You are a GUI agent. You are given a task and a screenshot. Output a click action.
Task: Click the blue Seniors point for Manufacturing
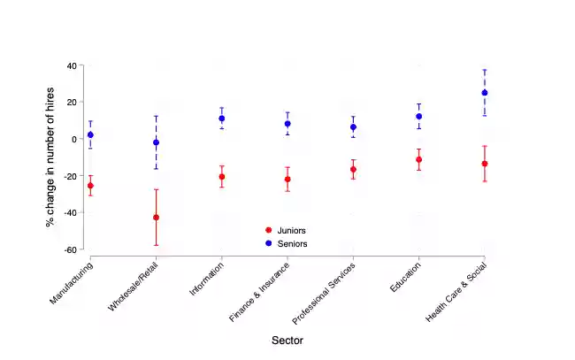(x=90, y=134)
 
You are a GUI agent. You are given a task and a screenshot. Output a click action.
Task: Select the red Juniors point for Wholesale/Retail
(x=156, y=218)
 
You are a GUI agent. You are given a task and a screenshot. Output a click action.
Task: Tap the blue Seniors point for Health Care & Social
(x=485, y=93)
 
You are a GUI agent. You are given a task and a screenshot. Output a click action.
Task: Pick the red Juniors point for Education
(x=419, y=160)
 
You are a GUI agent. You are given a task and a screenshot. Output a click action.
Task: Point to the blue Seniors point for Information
(x=222, y=119)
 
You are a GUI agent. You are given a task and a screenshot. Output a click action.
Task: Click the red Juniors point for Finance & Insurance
(x=287, y=180)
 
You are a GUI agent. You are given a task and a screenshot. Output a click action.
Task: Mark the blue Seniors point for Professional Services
(x=353, y=127)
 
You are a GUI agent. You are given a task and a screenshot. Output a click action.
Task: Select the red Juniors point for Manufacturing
(x=90, y=186)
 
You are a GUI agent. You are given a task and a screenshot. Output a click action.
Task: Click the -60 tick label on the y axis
(x=69, y=249)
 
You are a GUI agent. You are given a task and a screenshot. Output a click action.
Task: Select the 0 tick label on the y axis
(x=73, y=139)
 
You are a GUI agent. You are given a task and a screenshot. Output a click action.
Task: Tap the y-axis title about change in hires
(x=50, y=157)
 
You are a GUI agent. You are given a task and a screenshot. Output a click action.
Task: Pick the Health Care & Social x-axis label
(x=456, y=291)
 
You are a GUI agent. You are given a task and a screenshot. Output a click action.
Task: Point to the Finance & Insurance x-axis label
(x=258, y=292)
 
